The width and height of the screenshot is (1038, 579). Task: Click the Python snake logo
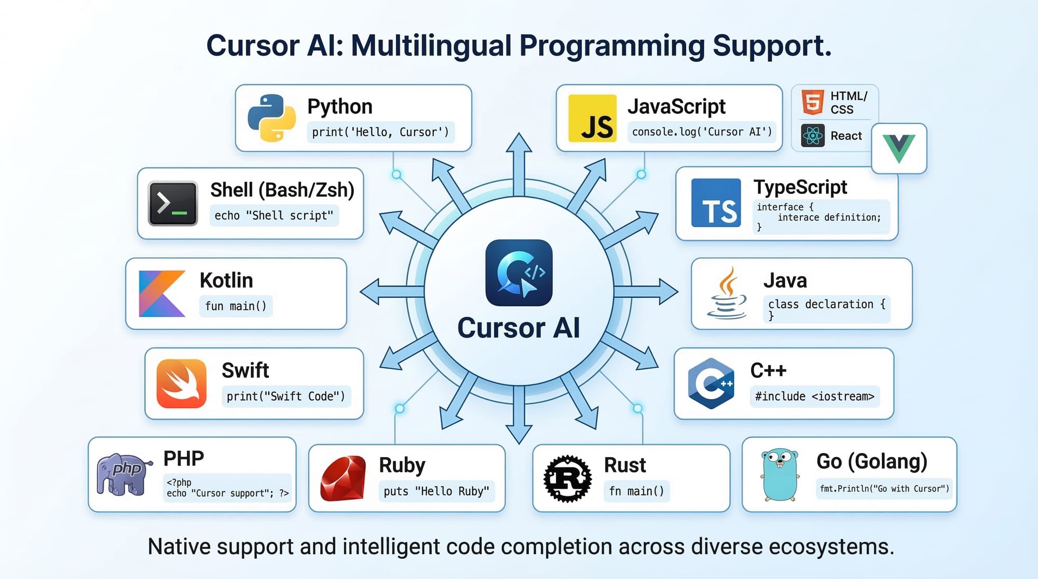click(x=271, y=118)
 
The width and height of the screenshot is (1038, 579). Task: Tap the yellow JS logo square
click(x=592, y=118)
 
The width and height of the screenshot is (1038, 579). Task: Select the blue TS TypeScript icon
click(x=716, y=203)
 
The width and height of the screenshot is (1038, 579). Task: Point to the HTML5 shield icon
click(x=812, y=102)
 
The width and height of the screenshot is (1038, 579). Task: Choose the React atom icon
click(x=812, y=136)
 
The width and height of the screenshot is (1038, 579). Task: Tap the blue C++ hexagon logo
click(x=711, y=383)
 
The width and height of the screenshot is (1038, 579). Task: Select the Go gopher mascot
click(x=780, y=474)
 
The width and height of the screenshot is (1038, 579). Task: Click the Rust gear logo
click(x=567, y=478)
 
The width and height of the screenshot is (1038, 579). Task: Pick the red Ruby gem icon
click(x=343, y=478)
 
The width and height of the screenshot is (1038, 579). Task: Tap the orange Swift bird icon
click(x=181, y=383)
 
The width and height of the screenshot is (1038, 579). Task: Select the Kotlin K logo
click(x=162, y=293)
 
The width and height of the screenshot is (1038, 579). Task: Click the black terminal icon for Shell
click(x=173, y=203)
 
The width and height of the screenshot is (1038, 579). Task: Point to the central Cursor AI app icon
click(x=518, y=273)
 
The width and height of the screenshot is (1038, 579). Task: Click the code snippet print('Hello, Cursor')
click(x=380, y=132)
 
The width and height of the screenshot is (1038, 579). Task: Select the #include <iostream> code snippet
click(x=814, y=396)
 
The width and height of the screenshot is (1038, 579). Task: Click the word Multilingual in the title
click(x=431, y=46)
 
